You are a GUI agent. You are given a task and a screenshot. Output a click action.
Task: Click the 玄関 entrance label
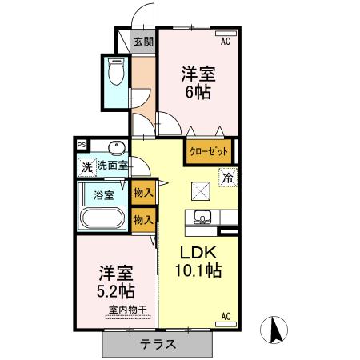[x=143, y=42]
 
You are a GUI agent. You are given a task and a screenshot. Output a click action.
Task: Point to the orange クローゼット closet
[x=211, y=151]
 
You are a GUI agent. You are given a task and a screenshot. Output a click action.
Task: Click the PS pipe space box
[x=82, y=144]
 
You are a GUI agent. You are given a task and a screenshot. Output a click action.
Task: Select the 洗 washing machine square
[x=86, y=166]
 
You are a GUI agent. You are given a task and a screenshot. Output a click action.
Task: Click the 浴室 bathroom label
[x=103, y=194]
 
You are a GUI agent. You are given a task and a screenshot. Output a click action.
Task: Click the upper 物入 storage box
[x=143, y=193]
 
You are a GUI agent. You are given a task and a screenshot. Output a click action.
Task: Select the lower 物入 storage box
[x=143, y=218]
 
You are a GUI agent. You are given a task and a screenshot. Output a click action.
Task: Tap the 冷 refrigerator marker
[x=229, y=178]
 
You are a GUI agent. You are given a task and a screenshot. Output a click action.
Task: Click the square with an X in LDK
[x=199, y=190]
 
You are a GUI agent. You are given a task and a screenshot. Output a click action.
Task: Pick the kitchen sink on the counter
[x=201, y=216]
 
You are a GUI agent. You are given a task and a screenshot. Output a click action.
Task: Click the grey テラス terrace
[x=159, y=344]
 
